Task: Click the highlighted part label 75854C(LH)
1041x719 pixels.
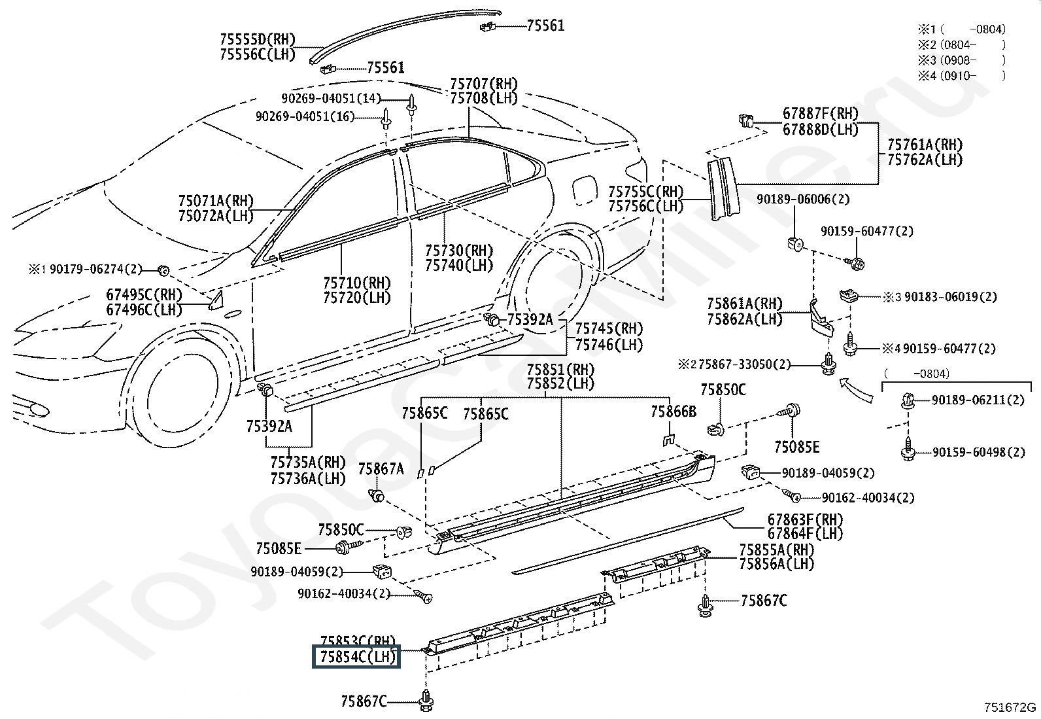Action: pyautogui.click(x=356, y=657)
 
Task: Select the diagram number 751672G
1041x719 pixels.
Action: pyautogui.click(x=1010, y=707)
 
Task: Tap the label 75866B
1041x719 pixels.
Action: pyautogui.click(x=674, y=412)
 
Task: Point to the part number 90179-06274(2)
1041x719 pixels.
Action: pyautogui.click(x=95, y=270)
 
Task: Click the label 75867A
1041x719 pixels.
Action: pyautogui.click(x=381, y=469)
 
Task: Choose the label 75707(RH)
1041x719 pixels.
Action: pyautogui.click(x=484, y=84)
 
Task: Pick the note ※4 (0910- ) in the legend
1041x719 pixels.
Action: pyautogui.click(x=961, y=76)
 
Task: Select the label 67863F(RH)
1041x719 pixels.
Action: pyautogui.click(x=805, y=519)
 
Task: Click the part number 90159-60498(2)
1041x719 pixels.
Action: pyautogui.click(x=978, y=453)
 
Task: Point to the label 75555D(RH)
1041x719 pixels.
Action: pyautogui.click(x=258, y=39)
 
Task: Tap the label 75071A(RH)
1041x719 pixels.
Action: pyautogui.click(x=216, y=201)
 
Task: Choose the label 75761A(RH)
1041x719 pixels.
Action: pyautogui.click(x=925, y=145)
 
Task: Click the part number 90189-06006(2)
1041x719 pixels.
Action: pyautogui.click(x=803, y=200)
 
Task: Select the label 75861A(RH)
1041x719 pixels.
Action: pyautogui.click(x=745, y=304)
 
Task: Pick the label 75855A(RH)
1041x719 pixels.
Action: pyautogui.click(x=777, y=550)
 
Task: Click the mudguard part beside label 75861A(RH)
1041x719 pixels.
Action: pyautogui.click(x=821, y=319)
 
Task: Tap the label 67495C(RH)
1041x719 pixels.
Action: pyautogui.click(x=144, y=295)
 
